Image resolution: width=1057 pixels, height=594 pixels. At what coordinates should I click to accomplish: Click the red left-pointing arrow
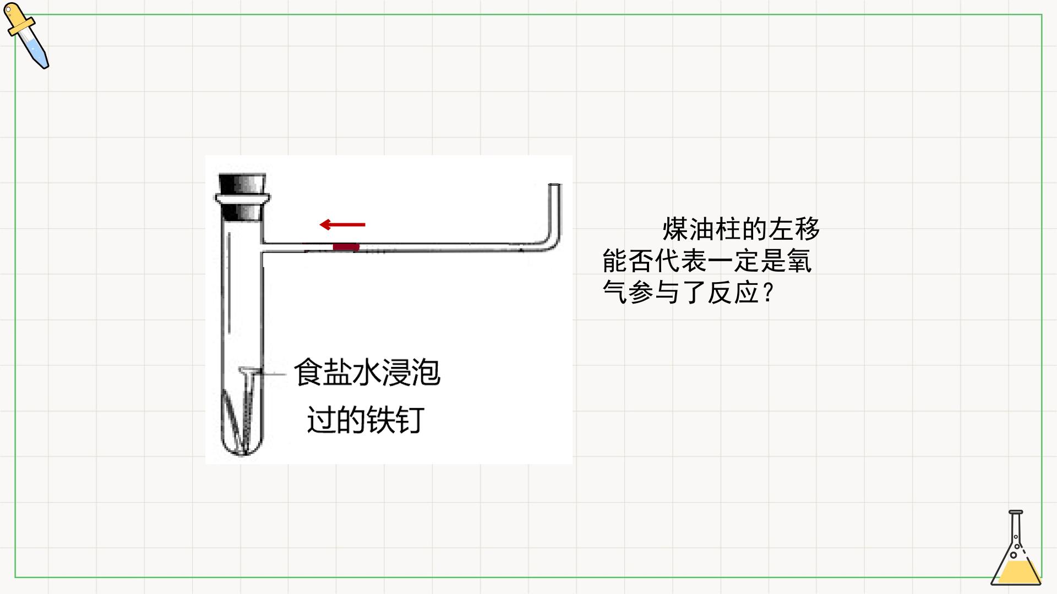(342, 224)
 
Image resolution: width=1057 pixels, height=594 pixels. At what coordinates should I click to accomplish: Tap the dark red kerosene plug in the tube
(346, 247)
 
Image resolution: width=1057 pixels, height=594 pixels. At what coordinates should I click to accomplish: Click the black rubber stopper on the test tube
(242, 197)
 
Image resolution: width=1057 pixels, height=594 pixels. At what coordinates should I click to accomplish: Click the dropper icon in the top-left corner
(26, 36)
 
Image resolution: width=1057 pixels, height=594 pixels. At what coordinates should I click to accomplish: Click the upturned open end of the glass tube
(555, 185)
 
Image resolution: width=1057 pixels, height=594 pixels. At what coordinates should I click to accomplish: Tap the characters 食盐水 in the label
(337, 372)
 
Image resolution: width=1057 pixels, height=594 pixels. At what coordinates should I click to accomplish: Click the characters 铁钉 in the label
(395, 420)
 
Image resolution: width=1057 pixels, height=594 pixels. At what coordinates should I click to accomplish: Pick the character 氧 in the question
(799, 260)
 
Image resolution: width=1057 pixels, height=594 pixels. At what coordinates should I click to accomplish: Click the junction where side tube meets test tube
(263, 247)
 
